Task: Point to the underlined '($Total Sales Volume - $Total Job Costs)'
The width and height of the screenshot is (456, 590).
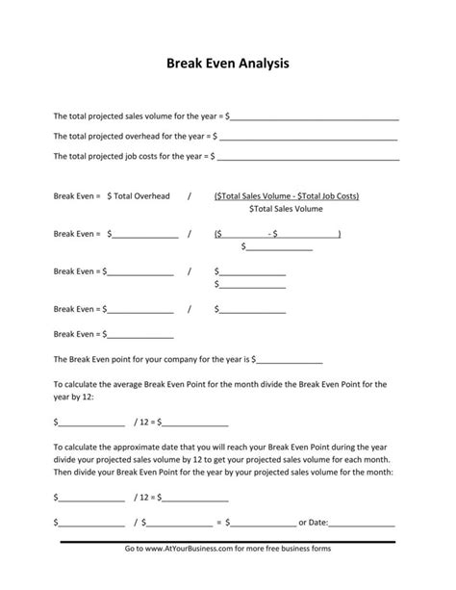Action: point(287,196)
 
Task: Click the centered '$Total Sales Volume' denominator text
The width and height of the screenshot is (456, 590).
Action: point(286,209)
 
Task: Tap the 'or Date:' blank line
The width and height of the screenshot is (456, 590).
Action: point(363,524)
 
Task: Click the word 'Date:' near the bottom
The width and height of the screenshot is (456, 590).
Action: point(318,523)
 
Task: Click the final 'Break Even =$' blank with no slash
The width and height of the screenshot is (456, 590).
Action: point(139,335)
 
